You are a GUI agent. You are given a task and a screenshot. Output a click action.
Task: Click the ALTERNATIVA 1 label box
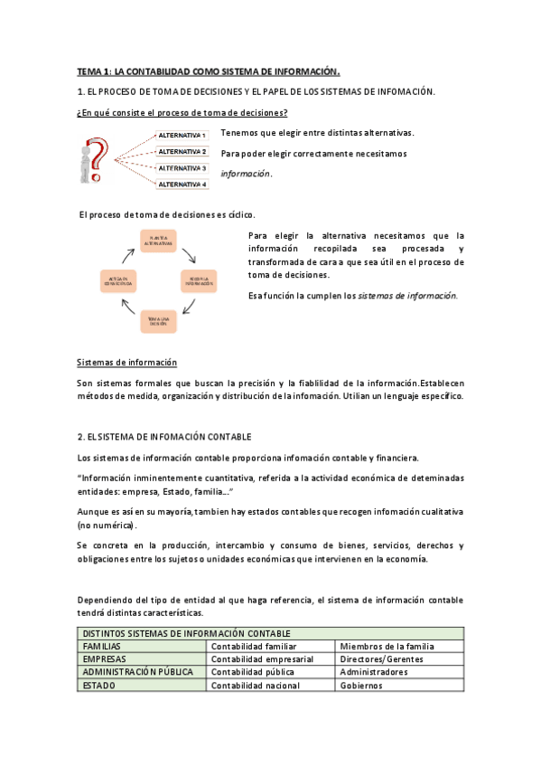click(182, 135)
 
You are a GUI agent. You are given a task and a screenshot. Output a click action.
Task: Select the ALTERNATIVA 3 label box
click(182, 168)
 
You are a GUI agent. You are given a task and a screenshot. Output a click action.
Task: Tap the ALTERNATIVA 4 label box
click(182, 185)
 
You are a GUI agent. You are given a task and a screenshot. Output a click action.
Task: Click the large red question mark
click(101, 159)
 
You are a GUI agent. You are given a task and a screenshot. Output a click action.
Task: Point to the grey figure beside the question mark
click(88, 164)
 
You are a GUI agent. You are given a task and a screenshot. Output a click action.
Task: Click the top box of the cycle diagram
click(158, 241)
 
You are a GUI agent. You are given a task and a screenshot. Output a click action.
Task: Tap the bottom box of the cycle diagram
click(158, 323)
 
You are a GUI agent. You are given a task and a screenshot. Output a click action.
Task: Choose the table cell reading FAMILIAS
click(144, 647)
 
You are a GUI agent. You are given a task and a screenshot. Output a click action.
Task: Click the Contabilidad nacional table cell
click(271, 686)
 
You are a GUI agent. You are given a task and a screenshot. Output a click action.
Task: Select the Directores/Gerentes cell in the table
click(400, 659)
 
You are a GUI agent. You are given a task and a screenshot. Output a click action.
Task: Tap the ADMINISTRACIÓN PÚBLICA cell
click(144, 673)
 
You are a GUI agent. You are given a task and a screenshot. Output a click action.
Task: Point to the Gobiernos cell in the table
click(400, 686)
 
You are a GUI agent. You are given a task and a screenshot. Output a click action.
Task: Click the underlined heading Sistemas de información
click(126, 363)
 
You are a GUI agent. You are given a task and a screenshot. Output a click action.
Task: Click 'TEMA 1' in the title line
click(94, 71)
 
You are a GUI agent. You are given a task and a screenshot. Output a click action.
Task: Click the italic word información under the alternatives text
click(246, 174)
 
